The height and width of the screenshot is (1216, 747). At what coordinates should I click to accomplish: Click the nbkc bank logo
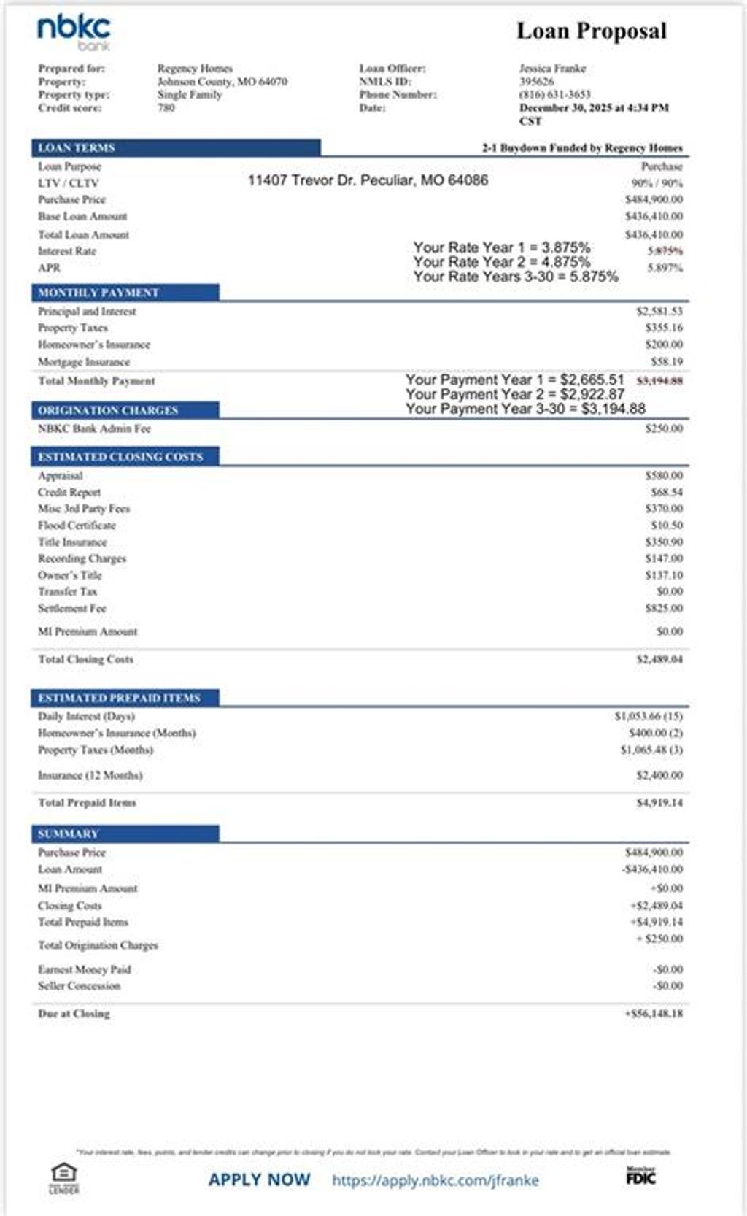click(x=74, y=33)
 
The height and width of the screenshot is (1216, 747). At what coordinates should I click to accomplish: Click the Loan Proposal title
click(x=592, y=31)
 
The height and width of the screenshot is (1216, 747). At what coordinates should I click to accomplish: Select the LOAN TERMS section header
click(x=77, y=147)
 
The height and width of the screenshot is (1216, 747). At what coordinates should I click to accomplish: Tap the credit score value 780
click(x=166, y=108)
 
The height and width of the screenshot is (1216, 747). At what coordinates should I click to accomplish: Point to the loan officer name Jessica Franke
click(x=552, y=69)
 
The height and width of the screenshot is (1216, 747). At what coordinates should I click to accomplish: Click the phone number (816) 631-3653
click(x=554, y=95)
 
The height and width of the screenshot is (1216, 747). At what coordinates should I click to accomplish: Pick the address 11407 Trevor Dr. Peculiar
click(x=368, y=180)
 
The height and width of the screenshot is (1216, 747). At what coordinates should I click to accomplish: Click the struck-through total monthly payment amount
click(x=659, y=381)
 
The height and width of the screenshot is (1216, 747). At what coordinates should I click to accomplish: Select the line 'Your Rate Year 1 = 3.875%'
click(x=501, y=247)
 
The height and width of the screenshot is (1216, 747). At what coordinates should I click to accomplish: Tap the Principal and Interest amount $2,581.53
click(x=659, y=312)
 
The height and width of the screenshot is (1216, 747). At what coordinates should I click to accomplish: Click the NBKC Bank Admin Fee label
click(x=94, y=429)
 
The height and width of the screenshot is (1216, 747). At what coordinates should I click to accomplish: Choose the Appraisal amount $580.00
click(x=664, y=476)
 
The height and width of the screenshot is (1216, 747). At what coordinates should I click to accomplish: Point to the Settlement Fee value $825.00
click(x=664, y=609)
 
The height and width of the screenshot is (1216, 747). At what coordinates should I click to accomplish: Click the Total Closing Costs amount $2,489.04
click(x=659, y=660)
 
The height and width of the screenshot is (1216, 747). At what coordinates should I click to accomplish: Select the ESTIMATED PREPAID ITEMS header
click(x=119, y=699)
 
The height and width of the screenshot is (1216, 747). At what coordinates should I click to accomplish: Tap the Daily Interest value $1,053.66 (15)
click(x=649, y=717)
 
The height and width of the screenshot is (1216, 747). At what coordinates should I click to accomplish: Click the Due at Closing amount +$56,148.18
click(x=654, y=1014)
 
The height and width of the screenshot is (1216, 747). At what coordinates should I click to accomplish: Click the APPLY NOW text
click(x=259, y=1180)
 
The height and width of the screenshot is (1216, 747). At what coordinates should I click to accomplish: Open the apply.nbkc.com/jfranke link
click(x=436, y=1180)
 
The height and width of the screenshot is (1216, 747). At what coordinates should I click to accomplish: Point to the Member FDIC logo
click(x=640, y=1176)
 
